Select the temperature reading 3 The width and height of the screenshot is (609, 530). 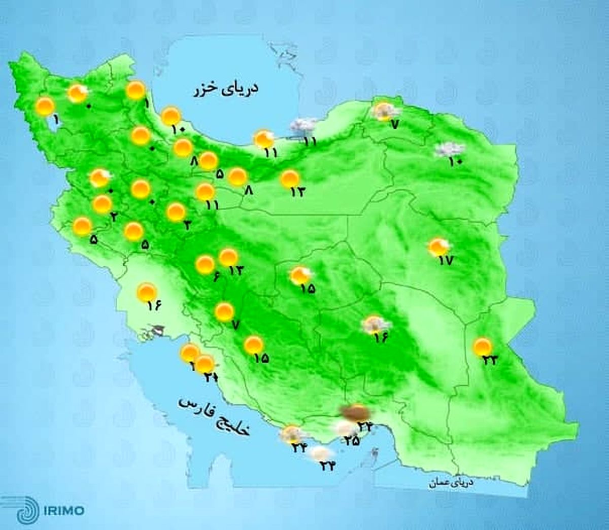click(x=187, y=226)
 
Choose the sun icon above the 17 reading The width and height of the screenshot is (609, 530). click(x=438, y=247)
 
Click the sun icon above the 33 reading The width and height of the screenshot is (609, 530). click(x=482, y=347)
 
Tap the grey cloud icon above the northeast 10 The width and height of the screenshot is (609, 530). click(x=450, y=149)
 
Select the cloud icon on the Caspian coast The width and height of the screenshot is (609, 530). click(x=303, y=125)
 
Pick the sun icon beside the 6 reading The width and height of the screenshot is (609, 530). click(x=205, y=264)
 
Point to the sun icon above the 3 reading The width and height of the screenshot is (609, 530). click(x=176, y=212)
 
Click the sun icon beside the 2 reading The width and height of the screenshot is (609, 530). click(x=102, y=204)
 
